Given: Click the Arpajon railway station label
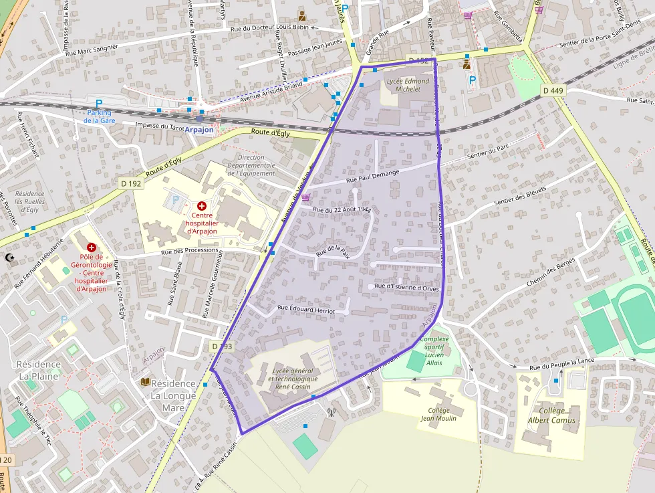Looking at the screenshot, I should [199, 130].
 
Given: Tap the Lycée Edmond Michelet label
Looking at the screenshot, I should [408, 85].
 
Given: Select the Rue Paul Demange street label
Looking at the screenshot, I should [372, 177].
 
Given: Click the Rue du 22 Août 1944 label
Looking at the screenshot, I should [342, 210].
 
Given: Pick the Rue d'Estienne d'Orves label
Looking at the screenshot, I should [406, 287].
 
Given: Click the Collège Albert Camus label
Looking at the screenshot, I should [551, 415].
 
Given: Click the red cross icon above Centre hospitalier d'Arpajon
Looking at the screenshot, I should [201, 206].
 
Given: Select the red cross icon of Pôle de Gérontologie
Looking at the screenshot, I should [91, 248].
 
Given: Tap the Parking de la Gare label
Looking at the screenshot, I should [99, 116].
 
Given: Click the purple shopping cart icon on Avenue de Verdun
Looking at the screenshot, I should [305, 197].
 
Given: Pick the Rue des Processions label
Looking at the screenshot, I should [191, 252].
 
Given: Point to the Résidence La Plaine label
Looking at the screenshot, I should [39, 370].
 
